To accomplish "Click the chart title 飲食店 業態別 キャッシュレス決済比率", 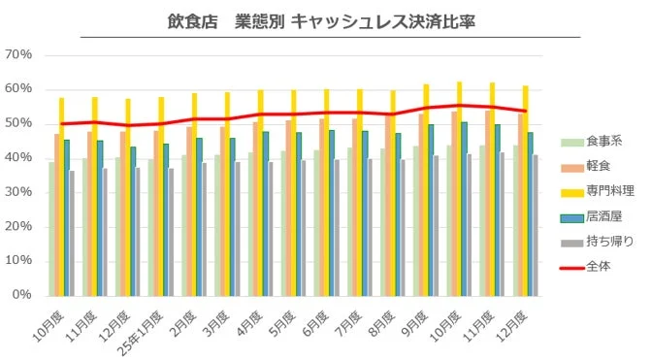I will coord(324,20).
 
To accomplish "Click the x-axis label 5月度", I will coord(281,318).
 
